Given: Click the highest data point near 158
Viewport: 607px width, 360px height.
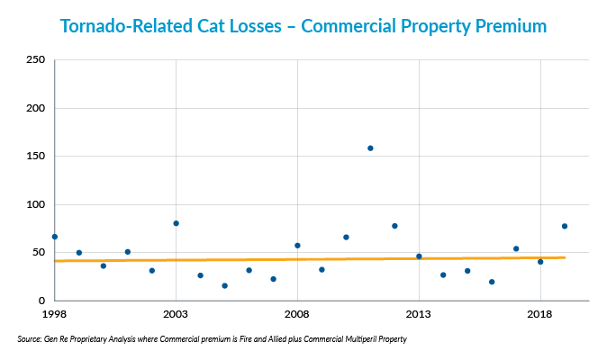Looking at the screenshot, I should point(370,148).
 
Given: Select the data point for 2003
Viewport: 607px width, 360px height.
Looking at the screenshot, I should point(176,223).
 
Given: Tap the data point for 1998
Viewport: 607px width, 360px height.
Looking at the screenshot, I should point(55,237).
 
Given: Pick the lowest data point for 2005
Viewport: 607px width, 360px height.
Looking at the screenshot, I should point(224,286).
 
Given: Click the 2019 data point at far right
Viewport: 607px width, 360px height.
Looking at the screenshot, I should point(565,226).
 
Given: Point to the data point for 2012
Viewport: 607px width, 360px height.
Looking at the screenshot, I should point(394,226).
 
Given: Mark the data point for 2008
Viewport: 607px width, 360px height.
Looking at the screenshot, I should point(297,246).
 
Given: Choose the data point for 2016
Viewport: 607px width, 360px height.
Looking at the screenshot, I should point(492,282).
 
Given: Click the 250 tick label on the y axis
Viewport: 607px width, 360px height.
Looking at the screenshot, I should point(36,60).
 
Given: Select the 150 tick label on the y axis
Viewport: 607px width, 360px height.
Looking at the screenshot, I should point(36,157).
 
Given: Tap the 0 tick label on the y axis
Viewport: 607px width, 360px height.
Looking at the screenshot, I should point(41,301).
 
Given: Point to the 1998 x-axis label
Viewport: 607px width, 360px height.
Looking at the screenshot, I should point(55,314).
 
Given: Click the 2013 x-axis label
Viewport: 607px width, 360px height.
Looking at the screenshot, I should point(419,314).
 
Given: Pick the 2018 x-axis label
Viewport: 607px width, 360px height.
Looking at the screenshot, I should point(539,314).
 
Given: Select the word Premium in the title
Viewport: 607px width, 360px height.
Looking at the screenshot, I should point(504,26).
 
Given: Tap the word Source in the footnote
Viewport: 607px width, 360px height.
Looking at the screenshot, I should point(29,339).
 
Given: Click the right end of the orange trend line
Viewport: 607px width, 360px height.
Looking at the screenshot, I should point(565,257).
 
